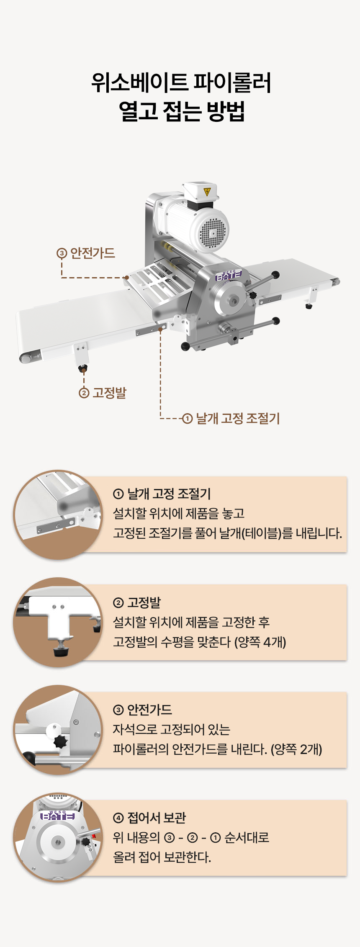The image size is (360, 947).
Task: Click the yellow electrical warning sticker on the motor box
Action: coord(207,192)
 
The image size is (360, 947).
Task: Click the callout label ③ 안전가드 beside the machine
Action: coord(86,253)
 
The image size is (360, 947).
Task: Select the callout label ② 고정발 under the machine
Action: coord(103,393)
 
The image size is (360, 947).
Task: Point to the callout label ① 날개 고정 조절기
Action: coord(231,418)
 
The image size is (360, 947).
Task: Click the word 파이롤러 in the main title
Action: coord(231,82)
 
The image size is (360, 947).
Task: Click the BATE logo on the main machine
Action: coord(229,275)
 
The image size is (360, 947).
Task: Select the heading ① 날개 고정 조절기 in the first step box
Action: coord(162,494)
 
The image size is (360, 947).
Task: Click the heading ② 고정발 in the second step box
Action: coord(137,602)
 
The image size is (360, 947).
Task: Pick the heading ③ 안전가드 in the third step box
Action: coord(143,710)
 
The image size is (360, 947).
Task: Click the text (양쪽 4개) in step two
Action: coord(260,642)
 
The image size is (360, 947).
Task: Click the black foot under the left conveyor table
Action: coord(83,368)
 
